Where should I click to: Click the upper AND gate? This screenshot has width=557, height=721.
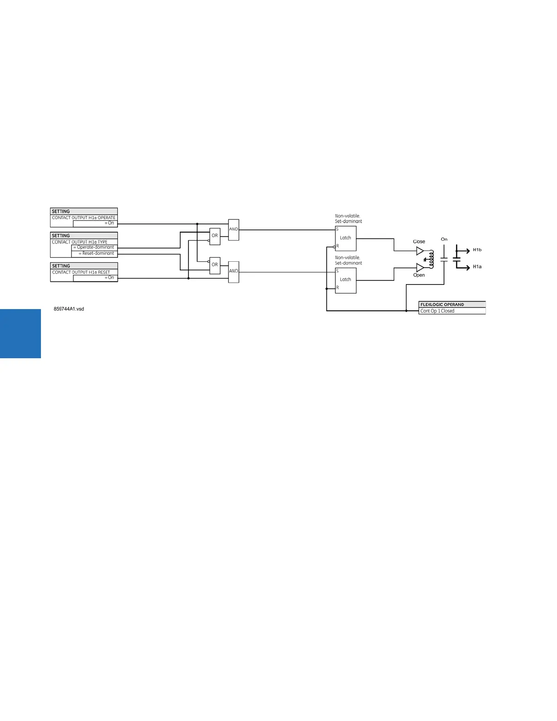pos(233,230)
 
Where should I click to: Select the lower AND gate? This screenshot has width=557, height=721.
pos(233,272)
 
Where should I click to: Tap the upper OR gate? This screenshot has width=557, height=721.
pos(215,236)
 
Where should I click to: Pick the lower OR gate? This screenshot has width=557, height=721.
pos(215,265)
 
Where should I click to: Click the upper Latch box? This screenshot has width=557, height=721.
pos(346,238)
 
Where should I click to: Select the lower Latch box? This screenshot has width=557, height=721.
pos(346,280)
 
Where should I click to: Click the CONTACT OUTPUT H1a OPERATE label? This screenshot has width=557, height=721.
pos(84,218)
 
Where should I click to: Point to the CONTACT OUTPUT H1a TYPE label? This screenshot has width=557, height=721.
pos(80,242)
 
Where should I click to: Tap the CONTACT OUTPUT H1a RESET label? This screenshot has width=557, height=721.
pos(81,272)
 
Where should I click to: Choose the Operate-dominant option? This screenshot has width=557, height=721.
pos(94,248)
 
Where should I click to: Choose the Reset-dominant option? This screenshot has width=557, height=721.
pos(96,254)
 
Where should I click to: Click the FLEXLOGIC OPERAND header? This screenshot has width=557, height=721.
pos(442,305)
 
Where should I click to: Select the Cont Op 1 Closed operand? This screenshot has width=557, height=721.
pos(437,311)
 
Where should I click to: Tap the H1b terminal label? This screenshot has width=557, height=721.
pos(477,250)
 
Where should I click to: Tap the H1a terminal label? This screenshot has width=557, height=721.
pos(477,267)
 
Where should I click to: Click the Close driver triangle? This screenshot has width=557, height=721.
pos(420,251)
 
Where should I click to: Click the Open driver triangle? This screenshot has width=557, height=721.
pos(420,268)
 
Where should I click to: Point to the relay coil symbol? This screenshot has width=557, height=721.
pos(431,259)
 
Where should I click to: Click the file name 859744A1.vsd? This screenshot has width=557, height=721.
pos(69,309)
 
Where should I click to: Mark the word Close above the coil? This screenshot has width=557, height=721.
pos(419,242)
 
